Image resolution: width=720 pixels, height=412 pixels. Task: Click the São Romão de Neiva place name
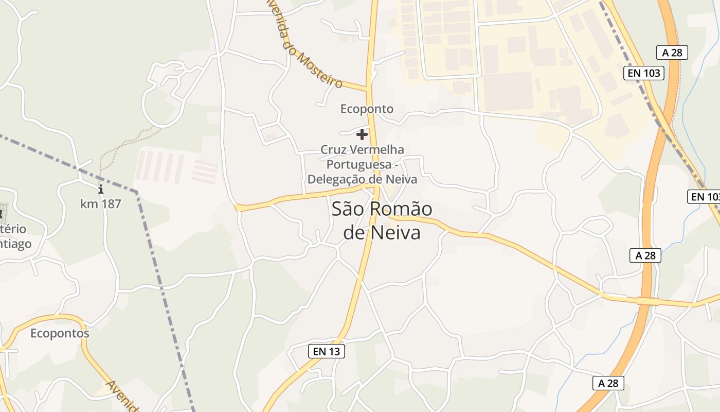pyautogui.click(x=382, y=220)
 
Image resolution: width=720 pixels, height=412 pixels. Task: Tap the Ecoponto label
pyautogui.click(x=367, y=109)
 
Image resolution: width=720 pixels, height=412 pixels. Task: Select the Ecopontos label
pyautogui.click(x=60, y=333)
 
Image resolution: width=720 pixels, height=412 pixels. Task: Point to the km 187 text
pyautogui.click(x=101, y=204)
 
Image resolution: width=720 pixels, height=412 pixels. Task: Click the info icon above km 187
pyautogui.click(x=101, y=190)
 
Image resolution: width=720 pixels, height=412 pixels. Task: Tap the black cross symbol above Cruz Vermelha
pyautogui.click(x=362, y=134)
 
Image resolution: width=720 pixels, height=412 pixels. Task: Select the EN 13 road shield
pyautogui.click(x=327, y=351)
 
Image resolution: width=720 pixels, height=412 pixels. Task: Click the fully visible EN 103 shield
pyautogui.click(x=644, y=73)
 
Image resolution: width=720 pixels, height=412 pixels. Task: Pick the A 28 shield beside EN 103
pyautogui.click(x=672, y=53)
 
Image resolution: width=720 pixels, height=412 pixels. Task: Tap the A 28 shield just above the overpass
pyautogui.click(x=645, y=255)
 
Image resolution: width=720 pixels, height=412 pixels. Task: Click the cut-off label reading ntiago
pyautogui.click(x=15, y=244)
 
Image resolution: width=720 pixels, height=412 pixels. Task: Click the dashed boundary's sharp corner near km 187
pyautogui.click(x=136, y=192)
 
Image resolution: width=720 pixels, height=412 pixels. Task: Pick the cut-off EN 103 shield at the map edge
pyautogui.click(x=704, y=197)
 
